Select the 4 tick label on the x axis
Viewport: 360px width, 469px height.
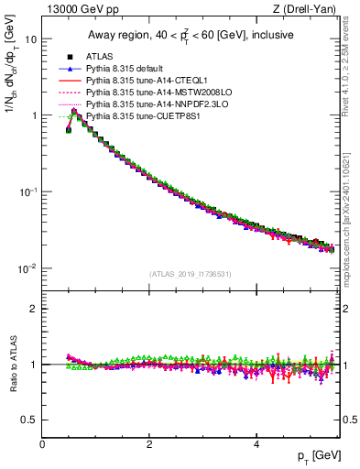[x=256, y=444]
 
